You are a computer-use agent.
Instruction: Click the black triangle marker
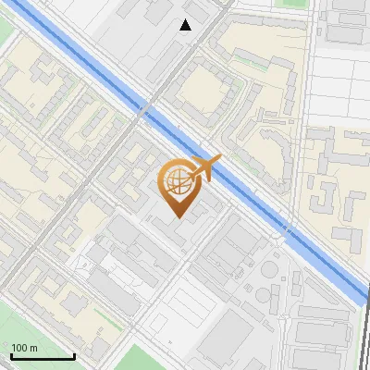(186, 25)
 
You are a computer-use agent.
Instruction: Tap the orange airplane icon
(205, 168)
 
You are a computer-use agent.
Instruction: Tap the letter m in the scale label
(34, 348)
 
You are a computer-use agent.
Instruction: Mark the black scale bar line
(43, 357)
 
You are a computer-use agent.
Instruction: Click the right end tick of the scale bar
(74, 355)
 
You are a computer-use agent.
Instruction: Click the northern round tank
(268, 270)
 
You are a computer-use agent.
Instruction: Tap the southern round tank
(264, 296)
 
